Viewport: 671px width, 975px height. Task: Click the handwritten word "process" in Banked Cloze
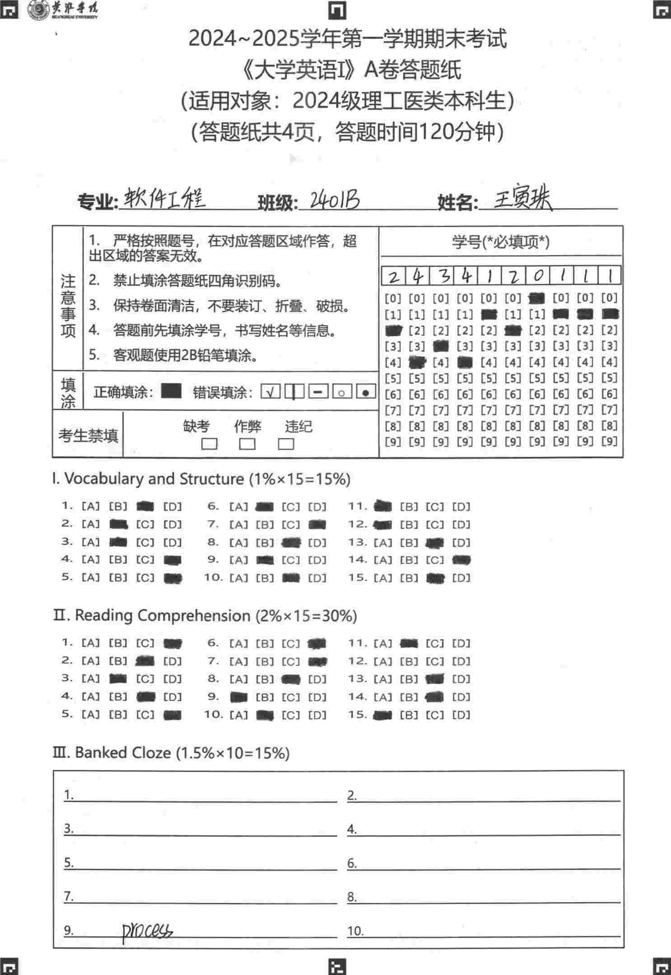pyautogui.click(x=147, y=931)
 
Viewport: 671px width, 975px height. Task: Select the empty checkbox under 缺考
pyautogui.click(x=209, y=444)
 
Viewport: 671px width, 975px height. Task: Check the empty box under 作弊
pyautogui.click(x=247, y=444)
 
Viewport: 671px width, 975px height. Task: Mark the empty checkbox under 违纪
pyautogui.click(x=286, y=444)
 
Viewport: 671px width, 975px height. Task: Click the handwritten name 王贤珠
pyautogui.click(x=522, y=200)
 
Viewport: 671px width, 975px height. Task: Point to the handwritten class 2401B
pyautogui.click(x=335, y=200)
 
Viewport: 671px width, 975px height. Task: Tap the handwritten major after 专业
pyautogui.click(x=164, y=199)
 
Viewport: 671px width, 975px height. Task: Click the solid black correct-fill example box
pyautogui.click(x=171, y=391)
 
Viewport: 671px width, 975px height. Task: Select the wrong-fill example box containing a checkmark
pyautogui.click(x=270, y=392)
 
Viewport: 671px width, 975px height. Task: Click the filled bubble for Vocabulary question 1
pyautogui.click(x=145, y=507)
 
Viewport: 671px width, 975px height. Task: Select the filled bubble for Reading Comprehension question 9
pyautogui.click(x=239, y=697)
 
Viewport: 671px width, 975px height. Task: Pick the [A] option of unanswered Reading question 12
pyautogui.click(x=383, y=662)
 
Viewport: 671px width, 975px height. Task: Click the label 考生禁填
pyautogui.click(x=88, y=436)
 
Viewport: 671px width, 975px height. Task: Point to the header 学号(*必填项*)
pyautogui.click(x=501, y=242)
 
